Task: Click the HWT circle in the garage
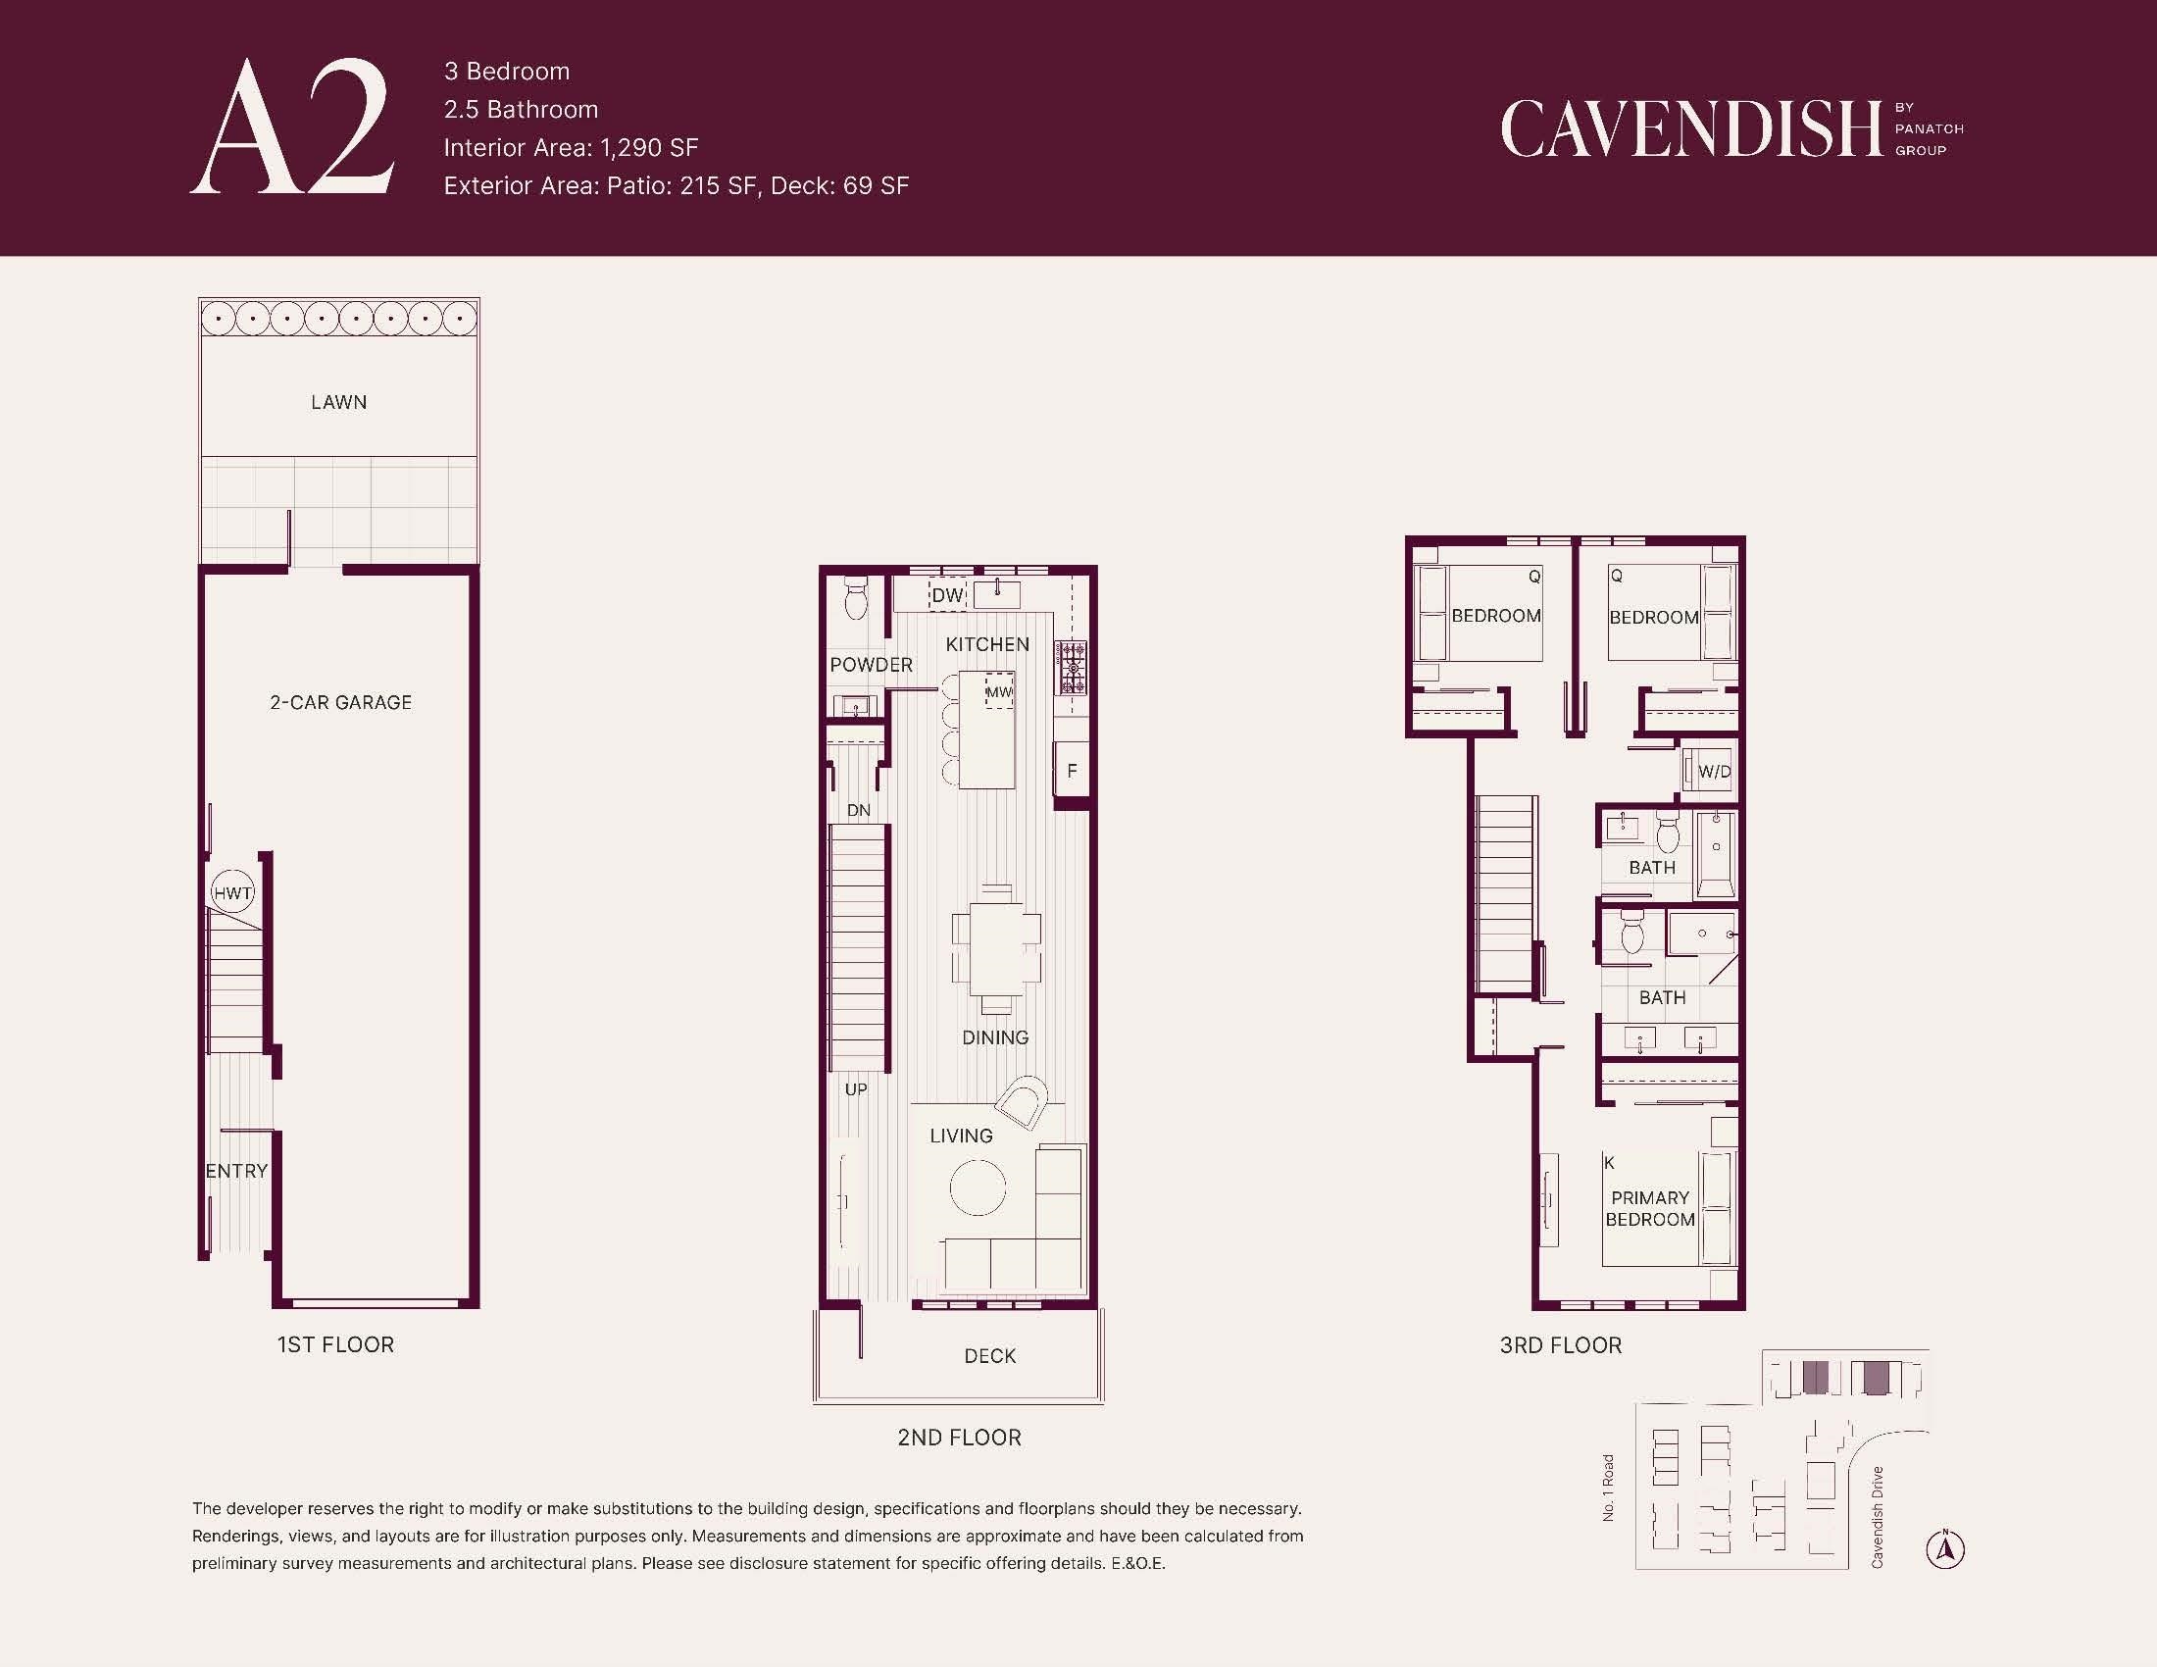point(233,892)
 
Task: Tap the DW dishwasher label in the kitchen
point(947,595)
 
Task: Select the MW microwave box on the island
point(999,691)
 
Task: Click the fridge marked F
point(1072,771)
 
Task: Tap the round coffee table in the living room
point(978,1187)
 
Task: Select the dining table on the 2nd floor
point(996,948)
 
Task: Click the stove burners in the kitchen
point(1072,668)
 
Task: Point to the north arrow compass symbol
point(1944,1548)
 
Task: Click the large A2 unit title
point(292,126)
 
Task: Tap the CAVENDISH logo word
point(1691,128)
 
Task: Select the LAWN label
point(339,402)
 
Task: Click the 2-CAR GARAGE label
point(341,702)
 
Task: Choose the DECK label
point(989,1356)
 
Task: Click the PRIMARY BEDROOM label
point(1649,1209)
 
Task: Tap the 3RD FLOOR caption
point(1561,1345)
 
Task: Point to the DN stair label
point(858,811)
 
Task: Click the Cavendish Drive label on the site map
point(1877,1517)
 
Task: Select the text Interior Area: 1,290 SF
point(571,147)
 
